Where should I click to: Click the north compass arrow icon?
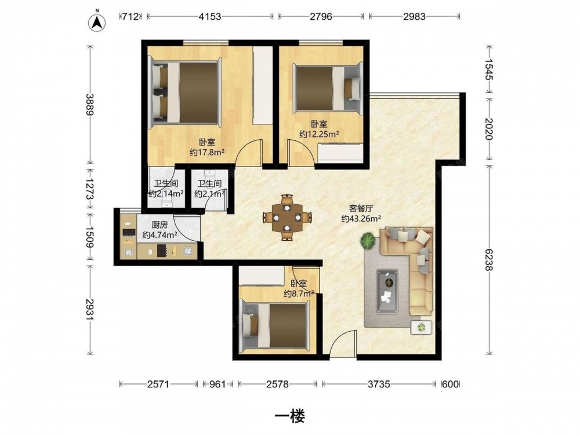point(96,22)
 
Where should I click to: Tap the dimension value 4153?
point(210,17)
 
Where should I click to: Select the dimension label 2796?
point(321,17)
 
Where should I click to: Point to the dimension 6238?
point(488,259)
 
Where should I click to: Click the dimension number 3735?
point(379,385)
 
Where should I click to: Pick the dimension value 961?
point(217,385)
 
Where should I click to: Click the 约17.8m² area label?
point(207,152)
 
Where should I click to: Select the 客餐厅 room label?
point(361,208)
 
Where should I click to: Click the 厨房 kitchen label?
point(159,224)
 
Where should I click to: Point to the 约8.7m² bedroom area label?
point(299,293)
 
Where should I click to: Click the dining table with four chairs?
point(287,217)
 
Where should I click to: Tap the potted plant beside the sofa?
point(368,241)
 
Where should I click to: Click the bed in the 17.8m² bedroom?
point(185,92)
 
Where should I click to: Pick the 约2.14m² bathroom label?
point(166,193)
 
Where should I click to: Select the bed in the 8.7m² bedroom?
point(274,325)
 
